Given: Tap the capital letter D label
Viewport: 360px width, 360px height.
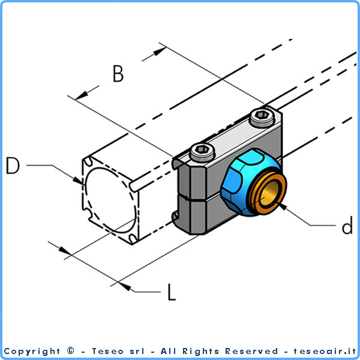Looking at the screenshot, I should (13, 165).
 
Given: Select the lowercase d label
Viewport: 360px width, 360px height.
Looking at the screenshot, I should (346, 227).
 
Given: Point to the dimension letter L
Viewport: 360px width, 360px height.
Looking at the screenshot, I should (172, 292).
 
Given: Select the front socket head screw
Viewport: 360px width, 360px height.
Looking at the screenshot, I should (200, 152).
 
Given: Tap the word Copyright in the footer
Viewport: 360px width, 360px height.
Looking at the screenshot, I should (32, 352).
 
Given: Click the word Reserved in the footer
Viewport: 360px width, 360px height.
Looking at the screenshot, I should (251, 352).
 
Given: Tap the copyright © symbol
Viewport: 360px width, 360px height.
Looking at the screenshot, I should (71, 352).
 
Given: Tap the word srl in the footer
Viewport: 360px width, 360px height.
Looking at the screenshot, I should (137, 352).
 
